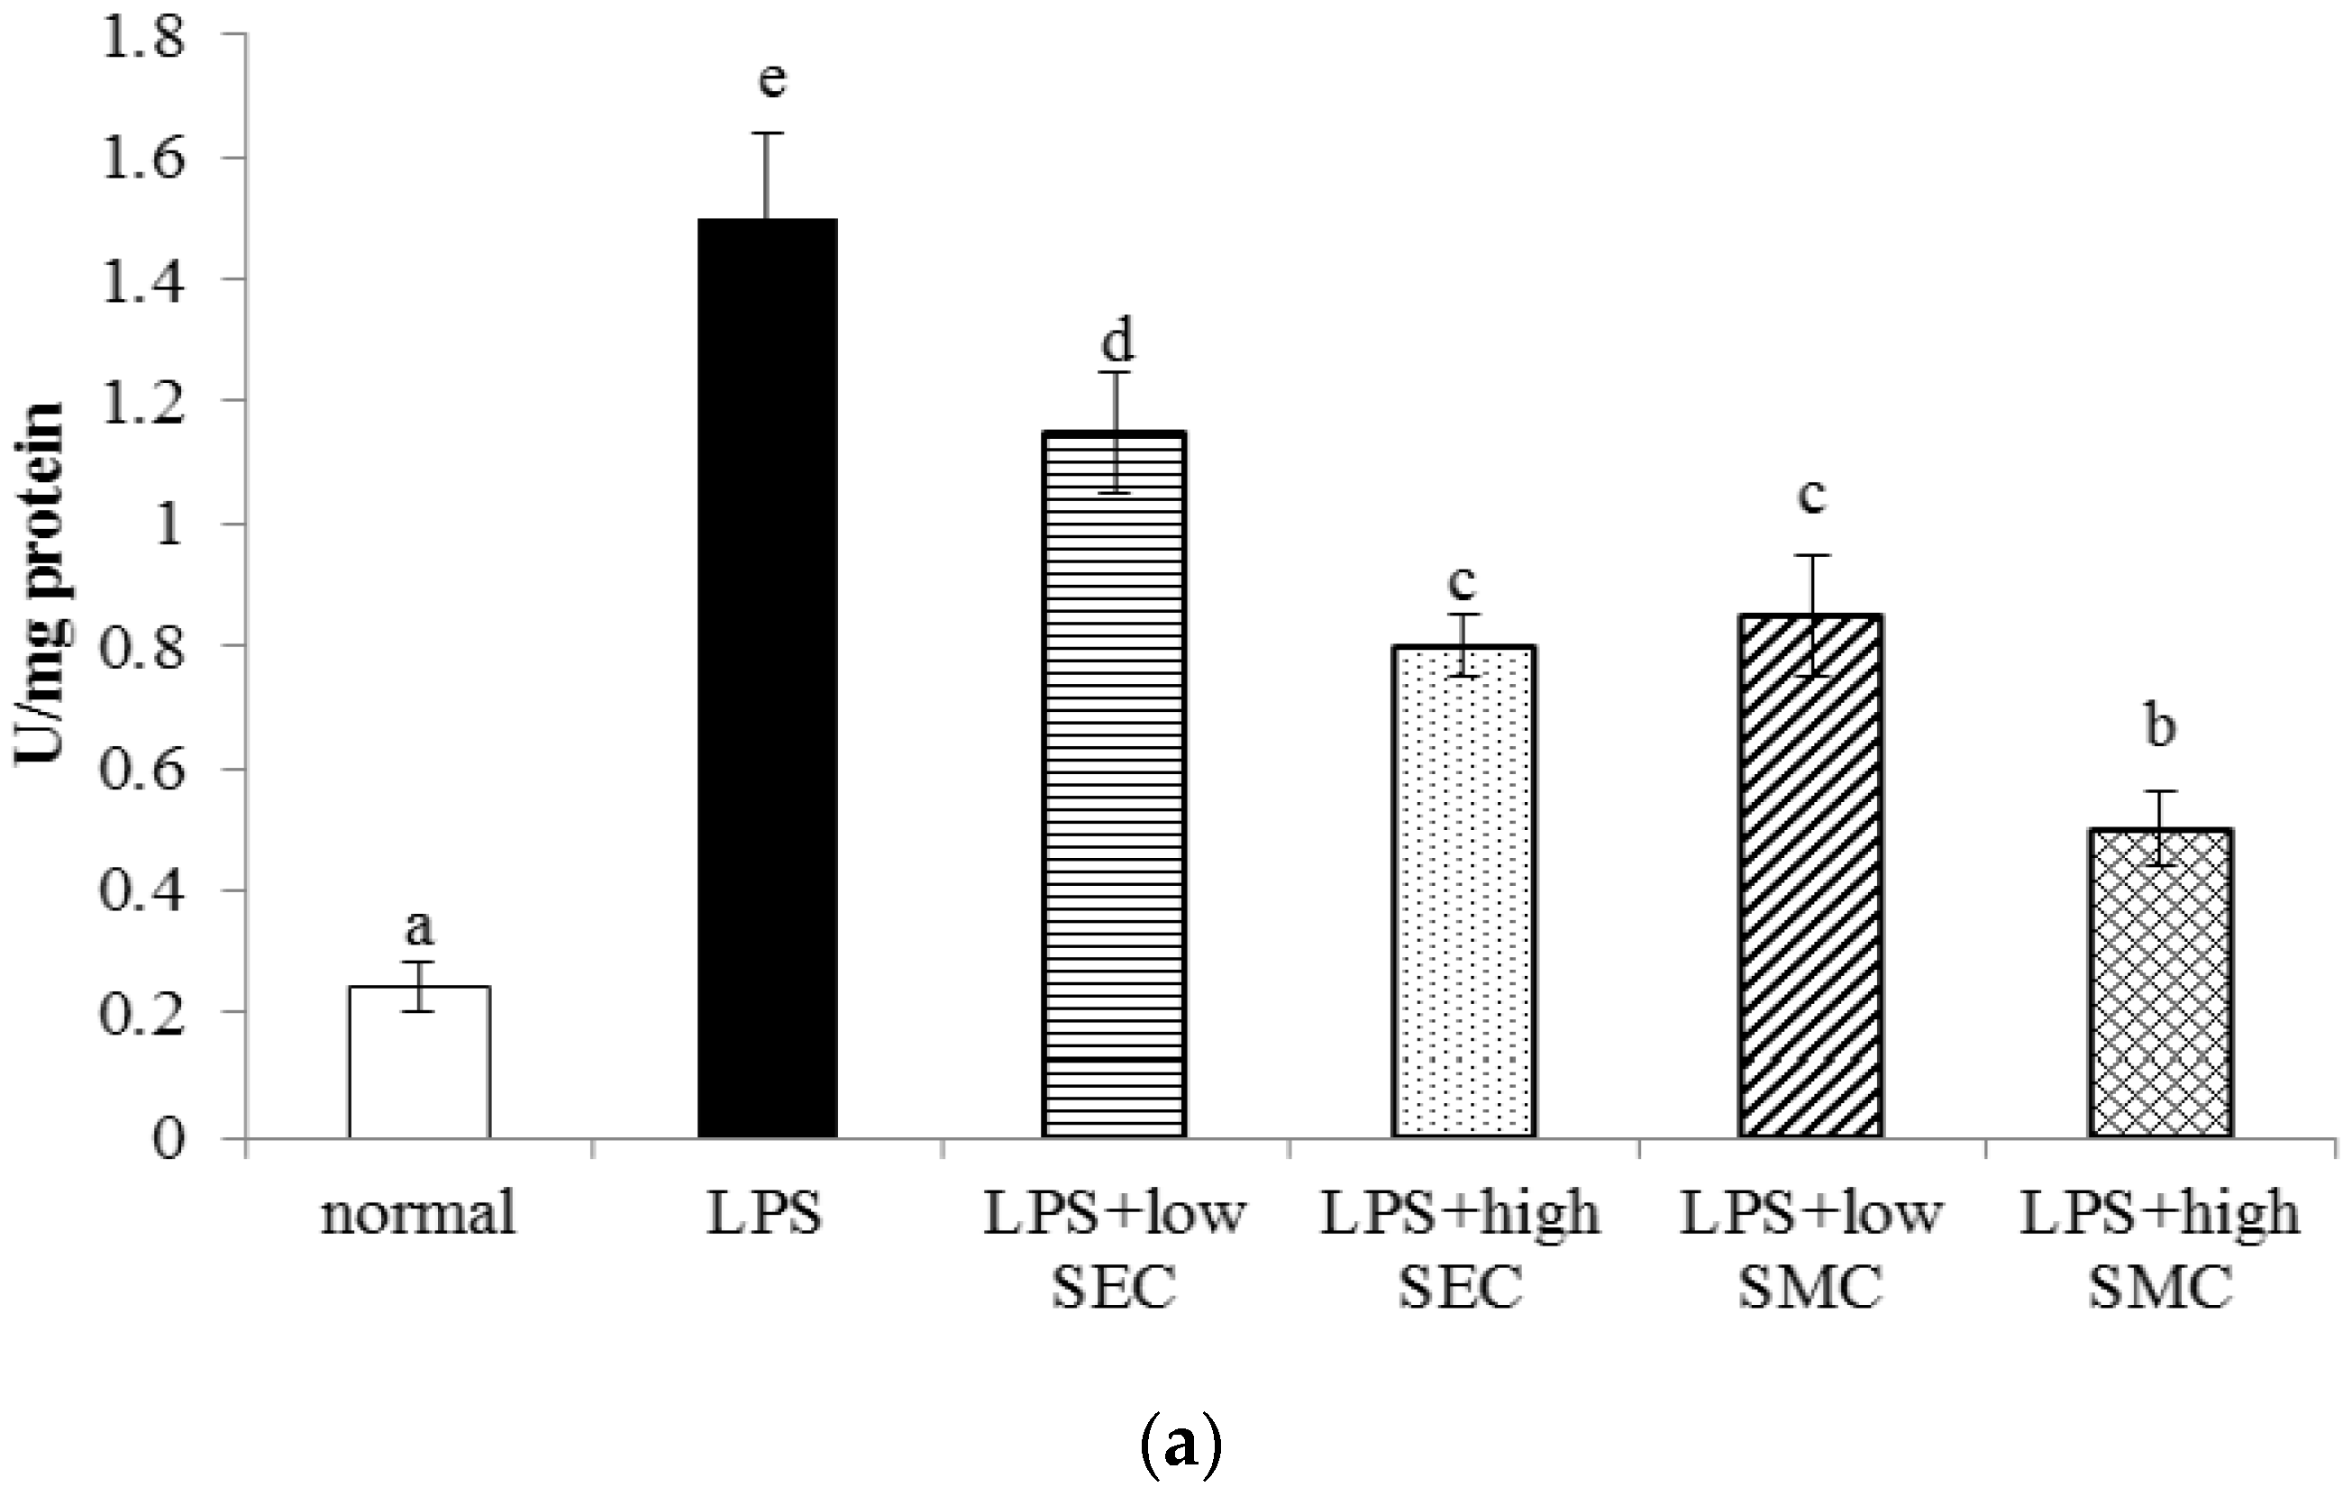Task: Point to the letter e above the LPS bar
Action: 771,79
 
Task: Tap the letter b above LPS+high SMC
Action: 2159,727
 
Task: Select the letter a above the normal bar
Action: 419,928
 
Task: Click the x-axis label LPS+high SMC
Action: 2159,1251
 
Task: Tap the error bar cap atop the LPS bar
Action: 768,132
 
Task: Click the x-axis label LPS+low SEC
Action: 1115,1251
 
